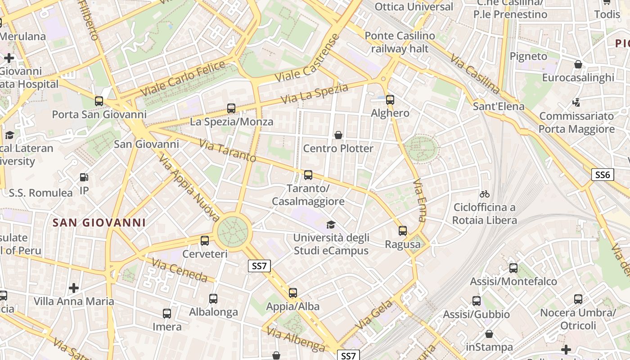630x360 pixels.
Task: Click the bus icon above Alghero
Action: pos(390,99)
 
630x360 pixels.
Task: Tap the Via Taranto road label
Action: pos(227,151)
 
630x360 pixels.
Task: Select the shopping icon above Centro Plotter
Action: pos(338,135)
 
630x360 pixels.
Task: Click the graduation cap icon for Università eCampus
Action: pos(331,225)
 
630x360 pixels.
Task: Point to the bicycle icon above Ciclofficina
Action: pos(485,194)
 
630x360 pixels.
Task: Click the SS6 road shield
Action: pos(602,175)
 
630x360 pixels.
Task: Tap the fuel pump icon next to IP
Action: pos(84,177)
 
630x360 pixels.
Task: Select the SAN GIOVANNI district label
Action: pos(99,223)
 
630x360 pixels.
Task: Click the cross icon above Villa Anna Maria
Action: pos(74,288)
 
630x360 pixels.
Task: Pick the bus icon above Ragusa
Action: pos(403,231)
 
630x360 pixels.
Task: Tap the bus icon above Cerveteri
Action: pos(205,240)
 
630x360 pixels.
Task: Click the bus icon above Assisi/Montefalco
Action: pos(513,268)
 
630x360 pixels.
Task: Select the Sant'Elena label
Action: pos(499,107)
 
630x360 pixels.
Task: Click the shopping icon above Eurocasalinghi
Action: pos(578,64)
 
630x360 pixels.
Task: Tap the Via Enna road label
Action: pos(419,200)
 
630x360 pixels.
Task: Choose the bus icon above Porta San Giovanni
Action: pos(99,101)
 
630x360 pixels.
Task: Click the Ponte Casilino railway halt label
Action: pos(400,42)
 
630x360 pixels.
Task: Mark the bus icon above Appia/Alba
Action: pos(293,293)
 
